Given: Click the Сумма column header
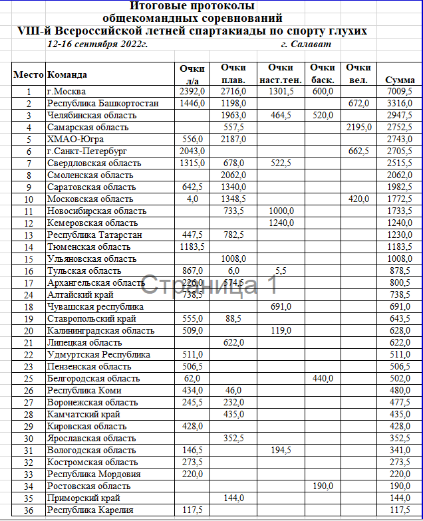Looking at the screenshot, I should pos(400,80).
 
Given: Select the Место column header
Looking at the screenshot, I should pos(29,74).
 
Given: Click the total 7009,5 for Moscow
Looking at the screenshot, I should pos(400,91).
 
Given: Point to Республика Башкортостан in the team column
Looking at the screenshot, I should pos(102,103).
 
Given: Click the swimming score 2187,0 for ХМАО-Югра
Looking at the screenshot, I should pos(233,139).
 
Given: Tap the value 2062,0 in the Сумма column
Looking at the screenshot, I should pos(400,175).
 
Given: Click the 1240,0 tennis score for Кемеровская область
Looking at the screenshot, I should pos(281,223).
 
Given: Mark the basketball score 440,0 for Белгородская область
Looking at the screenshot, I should pos(323,378).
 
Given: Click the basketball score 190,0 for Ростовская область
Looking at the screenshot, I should pos(323,486).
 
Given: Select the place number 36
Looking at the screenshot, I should pos(29,510).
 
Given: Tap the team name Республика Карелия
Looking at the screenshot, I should pos(90,510).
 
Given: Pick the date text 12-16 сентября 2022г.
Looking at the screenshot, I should pos(98,43).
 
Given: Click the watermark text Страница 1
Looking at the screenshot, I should pos(208,285).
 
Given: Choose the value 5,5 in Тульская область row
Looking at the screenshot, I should pos(281,270).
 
